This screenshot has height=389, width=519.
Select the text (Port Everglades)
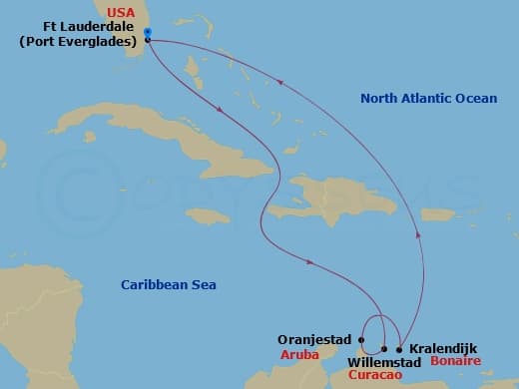click(x=78, y=42)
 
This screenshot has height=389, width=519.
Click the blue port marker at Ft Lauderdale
click(x=148, y=33)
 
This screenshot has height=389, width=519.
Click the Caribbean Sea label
click(x=169, y=285)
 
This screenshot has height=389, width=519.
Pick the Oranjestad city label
click(x=314, y=339)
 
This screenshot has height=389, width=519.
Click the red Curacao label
click(x=377, y=376)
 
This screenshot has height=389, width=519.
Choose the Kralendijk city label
click(x=443, y=348)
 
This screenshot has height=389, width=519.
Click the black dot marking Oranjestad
click(x=361, y=339)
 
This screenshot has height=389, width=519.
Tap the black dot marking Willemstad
click(x=384, y=349)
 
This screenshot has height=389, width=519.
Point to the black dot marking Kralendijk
click(x=399, y=349)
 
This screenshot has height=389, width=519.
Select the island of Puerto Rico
click(x=437, y=214)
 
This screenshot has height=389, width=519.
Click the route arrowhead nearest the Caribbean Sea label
click(x=311, y=263)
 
